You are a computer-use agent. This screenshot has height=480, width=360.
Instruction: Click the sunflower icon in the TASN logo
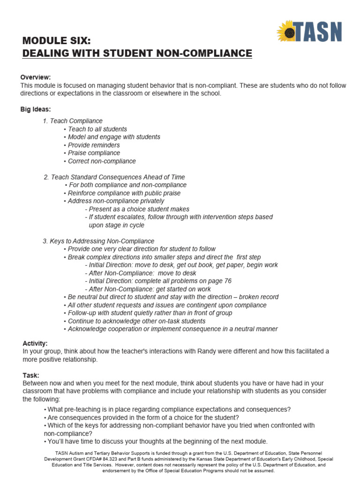tap(287, 32)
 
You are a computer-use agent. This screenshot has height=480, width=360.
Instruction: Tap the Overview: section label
tap(36, 77)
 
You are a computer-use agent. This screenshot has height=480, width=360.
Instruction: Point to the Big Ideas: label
tap(36, 109)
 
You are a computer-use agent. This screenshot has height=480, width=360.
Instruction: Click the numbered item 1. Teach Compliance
tap(73, 121)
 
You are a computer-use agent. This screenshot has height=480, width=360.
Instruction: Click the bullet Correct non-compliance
tap(101, 161)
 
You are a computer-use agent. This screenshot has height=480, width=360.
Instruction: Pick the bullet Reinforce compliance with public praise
tap(123, 193)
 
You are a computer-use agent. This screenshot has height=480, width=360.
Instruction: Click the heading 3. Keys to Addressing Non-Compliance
tap(98, 241)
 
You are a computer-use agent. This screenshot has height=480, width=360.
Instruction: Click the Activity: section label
tap(35, 344)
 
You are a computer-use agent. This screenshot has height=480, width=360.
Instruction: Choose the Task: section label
tap(31, 375)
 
